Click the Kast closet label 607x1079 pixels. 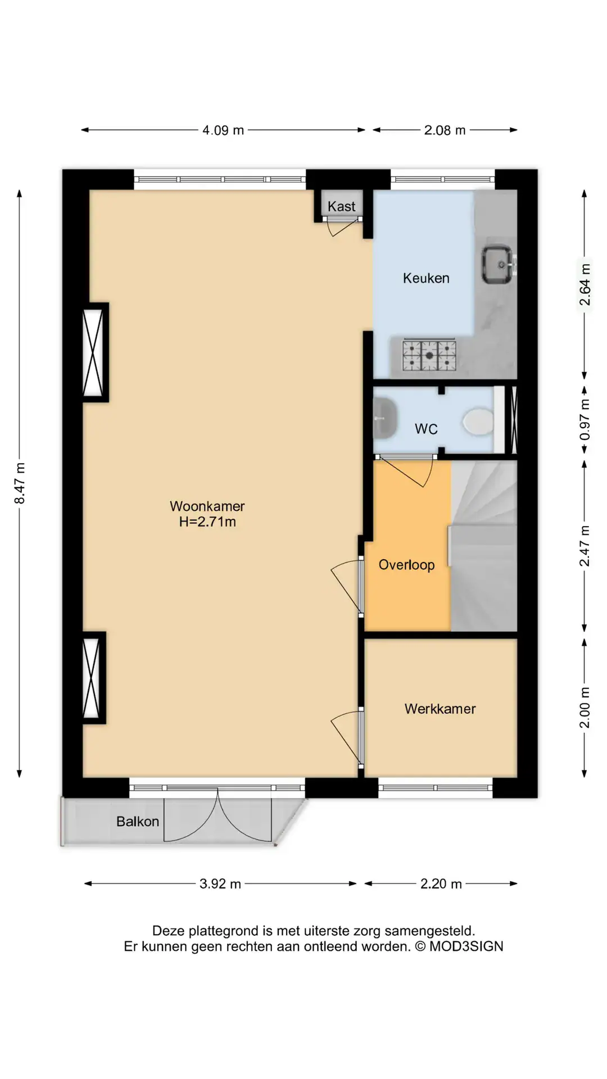341,206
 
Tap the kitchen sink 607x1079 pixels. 497,265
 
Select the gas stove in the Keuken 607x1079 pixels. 429,355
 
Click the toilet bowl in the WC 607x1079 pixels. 478,421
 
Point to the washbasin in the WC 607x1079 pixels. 386,418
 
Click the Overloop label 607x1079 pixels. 406,565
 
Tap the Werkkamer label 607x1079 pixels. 440,709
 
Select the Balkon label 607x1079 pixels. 138,822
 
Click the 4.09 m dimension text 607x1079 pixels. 223,130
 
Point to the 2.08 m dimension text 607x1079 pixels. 445,130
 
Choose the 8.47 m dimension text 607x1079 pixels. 20,483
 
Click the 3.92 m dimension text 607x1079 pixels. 220,884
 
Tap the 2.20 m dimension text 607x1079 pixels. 441,884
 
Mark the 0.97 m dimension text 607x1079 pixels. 585,420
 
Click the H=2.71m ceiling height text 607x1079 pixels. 207,522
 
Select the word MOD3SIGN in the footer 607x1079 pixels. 466,946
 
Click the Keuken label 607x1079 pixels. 426,278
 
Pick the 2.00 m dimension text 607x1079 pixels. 585,708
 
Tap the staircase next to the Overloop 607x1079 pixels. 483,545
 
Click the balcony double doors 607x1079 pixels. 218,814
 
